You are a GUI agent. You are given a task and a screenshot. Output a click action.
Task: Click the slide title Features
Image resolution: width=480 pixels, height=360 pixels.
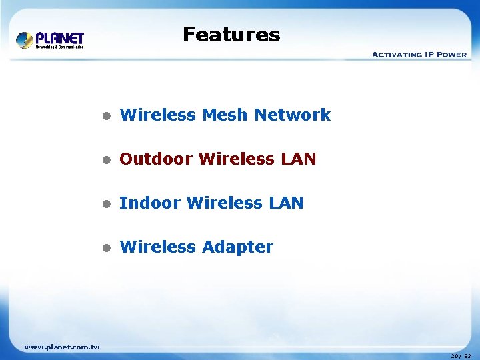pyautogui.click(x=231, y=34)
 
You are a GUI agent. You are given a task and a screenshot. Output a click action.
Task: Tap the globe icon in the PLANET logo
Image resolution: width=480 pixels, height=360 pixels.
pyautogui.click(x=25, y=40)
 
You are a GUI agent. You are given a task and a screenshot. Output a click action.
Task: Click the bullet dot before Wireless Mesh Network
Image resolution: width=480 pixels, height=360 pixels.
pyautogui.click(x=105, y=115)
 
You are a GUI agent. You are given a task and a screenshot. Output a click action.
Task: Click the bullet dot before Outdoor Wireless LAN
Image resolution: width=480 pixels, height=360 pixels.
pyautogui.click(x=105, y=159)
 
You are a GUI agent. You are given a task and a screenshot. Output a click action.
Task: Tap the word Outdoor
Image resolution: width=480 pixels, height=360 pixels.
pyautogui.click(x=156, y=159)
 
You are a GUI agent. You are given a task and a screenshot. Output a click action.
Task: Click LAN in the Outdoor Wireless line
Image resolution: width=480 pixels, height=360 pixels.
pyautogui.click(x=298, y=159)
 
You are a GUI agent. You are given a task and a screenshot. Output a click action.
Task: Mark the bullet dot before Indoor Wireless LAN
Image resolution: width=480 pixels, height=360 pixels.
pyautogui.click(x=105, y=203)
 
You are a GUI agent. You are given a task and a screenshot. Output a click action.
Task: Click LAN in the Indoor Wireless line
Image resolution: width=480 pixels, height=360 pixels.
pyautogui.click(x=285, y=203)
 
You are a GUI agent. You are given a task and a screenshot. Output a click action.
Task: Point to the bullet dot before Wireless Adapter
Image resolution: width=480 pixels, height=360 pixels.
pyautogui.click(x=105, y=247)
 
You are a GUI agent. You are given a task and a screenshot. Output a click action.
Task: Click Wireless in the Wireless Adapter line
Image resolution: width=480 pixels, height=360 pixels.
pyautogui.click(x=157, y=247)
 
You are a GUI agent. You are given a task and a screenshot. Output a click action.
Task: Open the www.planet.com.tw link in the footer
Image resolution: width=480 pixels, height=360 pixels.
pyautogui.click(x=62, y=347)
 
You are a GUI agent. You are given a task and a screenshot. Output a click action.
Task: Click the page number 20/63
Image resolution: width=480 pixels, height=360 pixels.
pyautogui.click(x=461, y=356)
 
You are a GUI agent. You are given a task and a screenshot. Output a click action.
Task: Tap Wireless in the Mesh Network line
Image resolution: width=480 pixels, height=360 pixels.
pyautogui.click(x=157, y=115)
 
